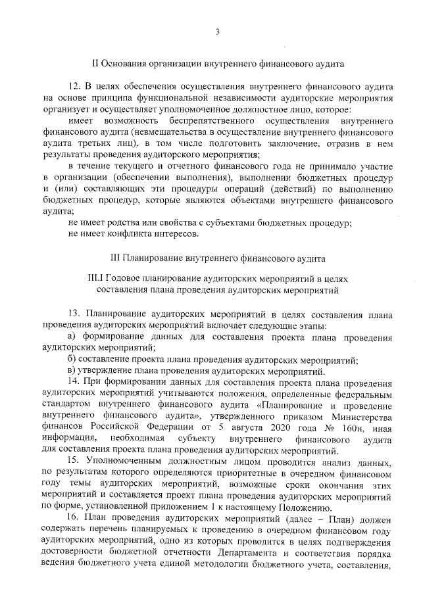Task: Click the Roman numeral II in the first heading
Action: pyautogui.click(x=93, y=64)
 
